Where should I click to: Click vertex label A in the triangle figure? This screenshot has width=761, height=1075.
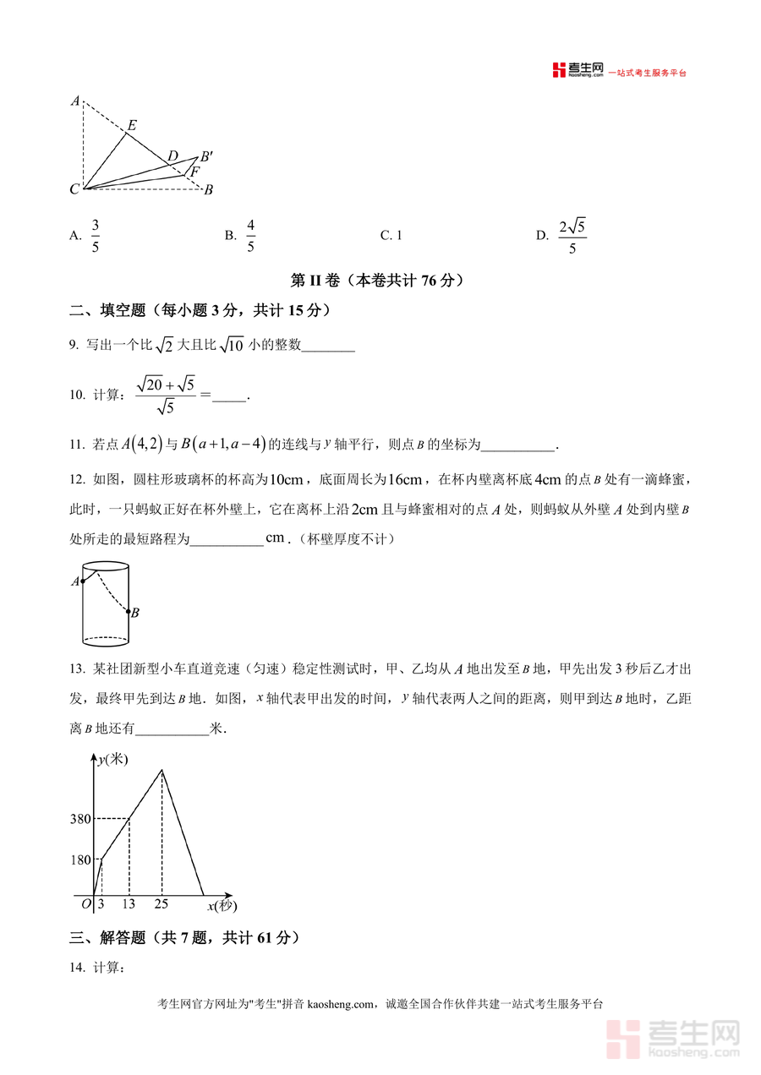pos(75,101)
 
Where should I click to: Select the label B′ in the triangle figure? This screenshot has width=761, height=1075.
pos(206,157)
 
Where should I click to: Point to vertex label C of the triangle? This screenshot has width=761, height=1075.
pos(74,189)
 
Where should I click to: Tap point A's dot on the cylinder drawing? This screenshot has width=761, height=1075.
pos(83,581)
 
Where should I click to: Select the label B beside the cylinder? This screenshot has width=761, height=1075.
pos(135,613)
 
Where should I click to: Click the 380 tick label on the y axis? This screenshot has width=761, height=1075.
pos(81,818)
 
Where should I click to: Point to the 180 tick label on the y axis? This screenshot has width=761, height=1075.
pos(81,860)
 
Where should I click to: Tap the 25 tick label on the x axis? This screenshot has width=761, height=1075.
pos(161,904)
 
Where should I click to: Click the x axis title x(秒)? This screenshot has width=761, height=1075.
pos(222,906)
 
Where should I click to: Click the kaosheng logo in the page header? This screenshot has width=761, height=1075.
pos(577,72)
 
